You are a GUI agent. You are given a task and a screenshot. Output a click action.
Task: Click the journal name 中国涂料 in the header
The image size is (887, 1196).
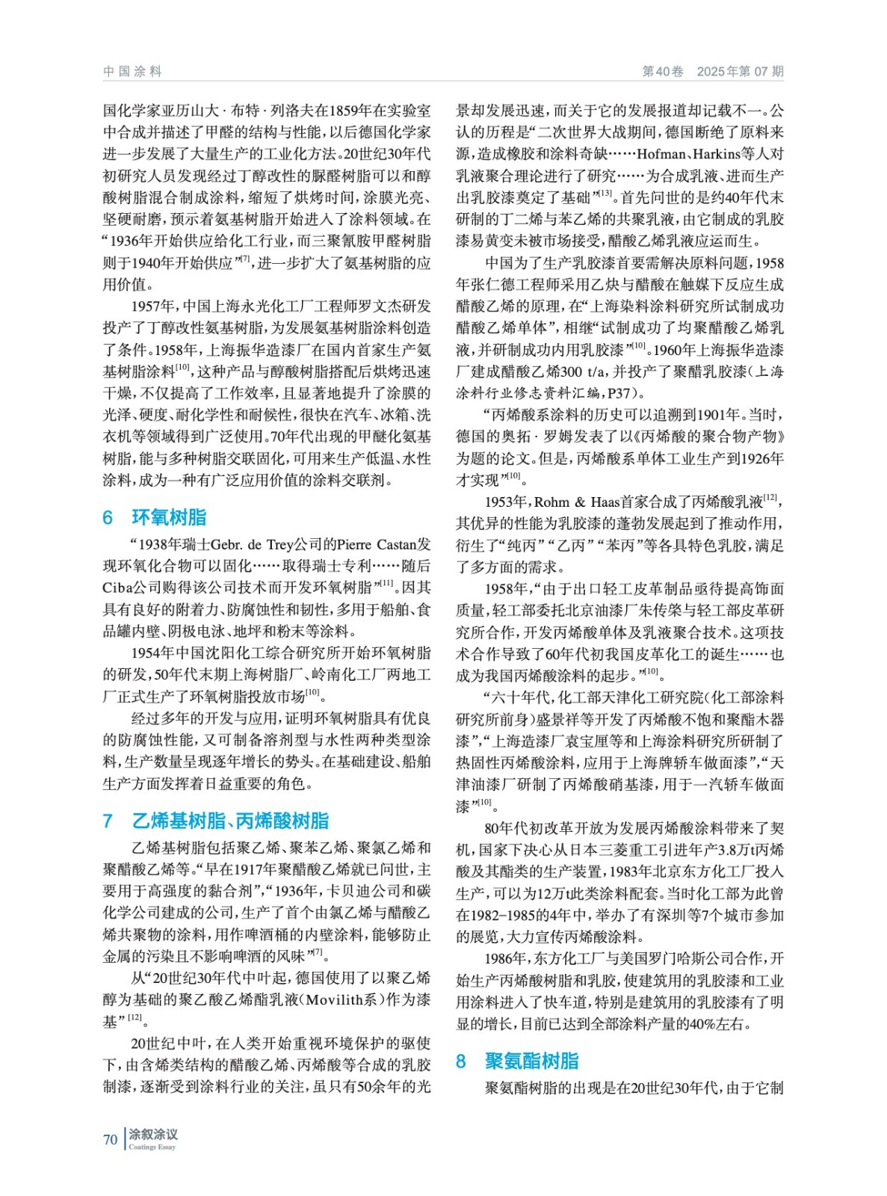click(x=132, y=72)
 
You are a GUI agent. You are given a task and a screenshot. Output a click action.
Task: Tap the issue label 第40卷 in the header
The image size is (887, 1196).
click(x=662, y=72)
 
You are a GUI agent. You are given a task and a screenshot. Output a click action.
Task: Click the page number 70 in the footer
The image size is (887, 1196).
click(x=111, y=1139)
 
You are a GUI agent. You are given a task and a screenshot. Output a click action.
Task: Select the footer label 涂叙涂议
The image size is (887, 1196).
click(x=153, y=1134)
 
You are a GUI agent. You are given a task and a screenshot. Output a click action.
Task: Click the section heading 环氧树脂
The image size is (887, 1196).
click(x=169, y=517)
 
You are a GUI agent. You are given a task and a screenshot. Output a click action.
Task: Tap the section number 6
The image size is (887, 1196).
click(x=108, y=517)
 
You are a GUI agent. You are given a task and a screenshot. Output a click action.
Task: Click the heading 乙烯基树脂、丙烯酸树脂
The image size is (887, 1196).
click(x=230, y=821)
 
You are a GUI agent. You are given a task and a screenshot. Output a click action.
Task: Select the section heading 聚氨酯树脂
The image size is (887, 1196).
click(x=531, y=1061)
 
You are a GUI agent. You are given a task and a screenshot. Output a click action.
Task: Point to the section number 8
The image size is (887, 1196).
click(x=461, y=1061)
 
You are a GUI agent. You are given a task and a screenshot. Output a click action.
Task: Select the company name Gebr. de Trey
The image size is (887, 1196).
click(x=257, y=544)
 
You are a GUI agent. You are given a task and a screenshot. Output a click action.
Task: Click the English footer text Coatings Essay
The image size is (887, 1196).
click(x=152, y=1147)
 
